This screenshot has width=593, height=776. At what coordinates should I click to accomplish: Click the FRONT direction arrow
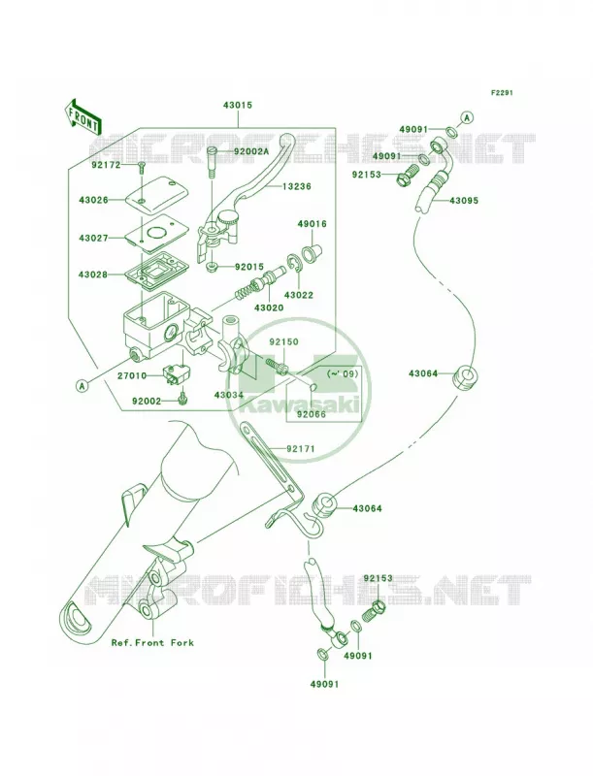[x=82, y=117]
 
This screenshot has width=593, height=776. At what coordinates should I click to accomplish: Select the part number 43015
[x=238, y=105]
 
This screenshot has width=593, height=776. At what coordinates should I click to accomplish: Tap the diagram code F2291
[x=502, y=92]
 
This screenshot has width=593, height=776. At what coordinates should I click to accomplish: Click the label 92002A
[x=251, y=152]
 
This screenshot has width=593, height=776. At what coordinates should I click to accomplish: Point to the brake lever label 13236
[x=297, y=186]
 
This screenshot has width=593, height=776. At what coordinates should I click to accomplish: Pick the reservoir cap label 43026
[x=93, y=200]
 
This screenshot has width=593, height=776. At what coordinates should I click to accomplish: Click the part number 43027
[x=93, y=238]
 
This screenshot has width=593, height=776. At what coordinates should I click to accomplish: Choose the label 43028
[x=93, y=275]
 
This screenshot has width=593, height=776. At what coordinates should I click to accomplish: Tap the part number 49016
[x=312, y=224]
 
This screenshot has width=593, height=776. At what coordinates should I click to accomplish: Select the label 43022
[x=299, y=296]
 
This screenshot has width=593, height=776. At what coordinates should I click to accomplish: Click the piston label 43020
[x=269, y=307]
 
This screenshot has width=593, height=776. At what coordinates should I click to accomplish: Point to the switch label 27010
[x=132, y=376]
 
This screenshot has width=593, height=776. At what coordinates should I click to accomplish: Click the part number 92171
[x=301, y=449]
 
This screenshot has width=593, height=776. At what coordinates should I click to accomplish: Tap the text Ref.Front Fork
[x=152, y=643]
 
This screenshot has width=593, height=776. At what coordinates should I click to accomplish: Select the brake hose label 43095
[x=464, y=201]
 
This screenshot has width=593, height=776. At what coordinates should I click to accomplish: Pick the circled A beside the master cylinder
[x=82, y=385]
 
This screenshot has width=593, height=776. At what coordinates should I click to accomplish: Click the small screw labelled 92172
[x=141, y=167]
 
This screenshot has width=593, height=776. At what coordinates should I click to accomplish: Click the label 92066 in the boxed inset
[x=312, y=415]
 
